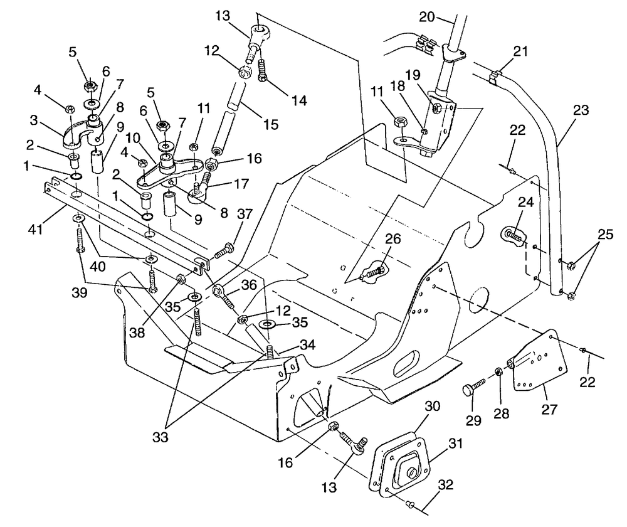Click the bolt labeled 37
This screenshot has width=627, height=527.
[224, 253]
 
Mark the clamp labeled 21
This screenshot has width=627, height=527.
[495, 78]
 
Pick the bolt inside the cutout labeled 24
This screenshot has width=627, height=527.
[513, 237]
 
